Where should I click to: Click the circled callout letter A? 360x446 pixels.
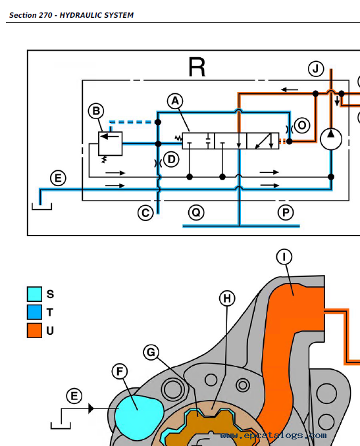(175, 101)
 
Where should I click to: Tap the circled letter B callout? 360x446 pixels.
(96, 111)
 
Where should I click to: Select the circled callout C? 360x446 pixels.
(145, 213)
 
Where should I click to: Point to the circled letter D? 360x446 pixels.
(171, 160)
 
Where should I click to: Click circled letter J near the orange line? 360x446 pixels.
(316, 69)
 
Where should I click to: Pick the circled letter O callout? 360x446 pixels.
(302, 126)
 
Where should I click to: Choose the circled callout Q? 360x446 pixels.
(196, 212)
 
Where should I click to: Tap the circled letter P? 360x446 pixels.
(286, 212)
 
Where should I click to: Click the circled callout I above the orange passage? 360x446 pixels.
(284, 257)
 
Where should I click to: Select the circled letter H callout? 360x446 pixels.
(227, 299)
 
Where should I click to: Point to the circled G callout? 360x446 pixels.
(151, 352)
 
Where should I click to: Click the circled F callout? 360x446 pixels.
(120, 371)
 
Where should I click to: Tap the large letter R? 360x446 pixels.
(197, 67)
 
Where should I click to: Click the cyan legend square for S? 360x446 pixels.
(34, 294)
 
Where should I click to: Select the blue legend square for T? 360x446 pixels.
(34, 312)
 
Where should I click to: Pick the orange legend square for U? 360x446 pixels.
(34, 330)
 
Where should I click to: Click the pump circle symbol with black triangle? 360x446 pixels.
(331, 139)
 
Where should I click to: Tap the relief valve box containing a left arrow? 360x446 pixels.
(111, 143)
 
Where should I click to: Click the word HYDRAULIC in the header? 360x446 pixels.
(77, 15)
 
